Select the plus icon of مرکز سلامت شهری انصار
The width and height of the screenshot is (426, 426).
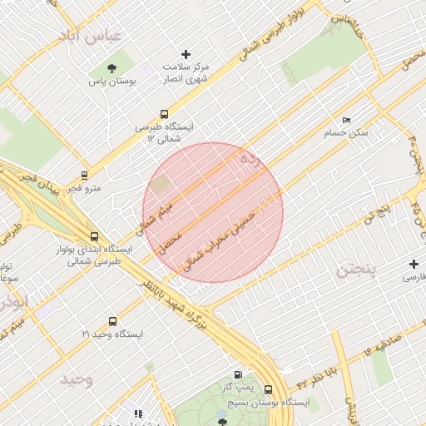(x=185, y=54)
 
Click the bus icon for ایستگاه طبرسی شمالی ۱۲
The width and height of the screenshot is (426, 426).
(x=164, y=115)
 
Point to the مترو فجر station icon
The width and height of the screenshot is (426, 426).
(x=83, y=176)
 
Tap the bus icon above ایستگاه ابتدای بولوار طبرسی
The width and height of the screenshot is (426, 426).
(x=93, y=237)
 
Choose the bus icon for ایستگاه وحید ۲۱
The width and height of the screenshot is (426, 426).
(x=112, y=321)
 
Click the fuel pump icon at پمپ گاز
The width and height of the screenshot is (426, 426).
(x=240, y=375)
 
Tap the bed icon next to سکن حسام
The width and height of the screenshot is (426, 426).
(x=347, y=121)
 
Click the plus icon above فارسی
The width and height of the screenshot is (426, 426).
(x=414, y=264)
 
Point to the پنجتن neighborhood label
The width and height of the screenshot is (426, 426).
(x=357, y=271)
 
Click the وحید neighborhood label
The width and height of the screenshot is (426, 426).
(x=76, y=380)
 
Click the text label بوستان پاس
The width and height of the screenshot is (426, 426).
(x=112, y=82)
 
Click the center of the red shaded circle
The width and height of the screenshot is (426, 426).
(x=213, y=212)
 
